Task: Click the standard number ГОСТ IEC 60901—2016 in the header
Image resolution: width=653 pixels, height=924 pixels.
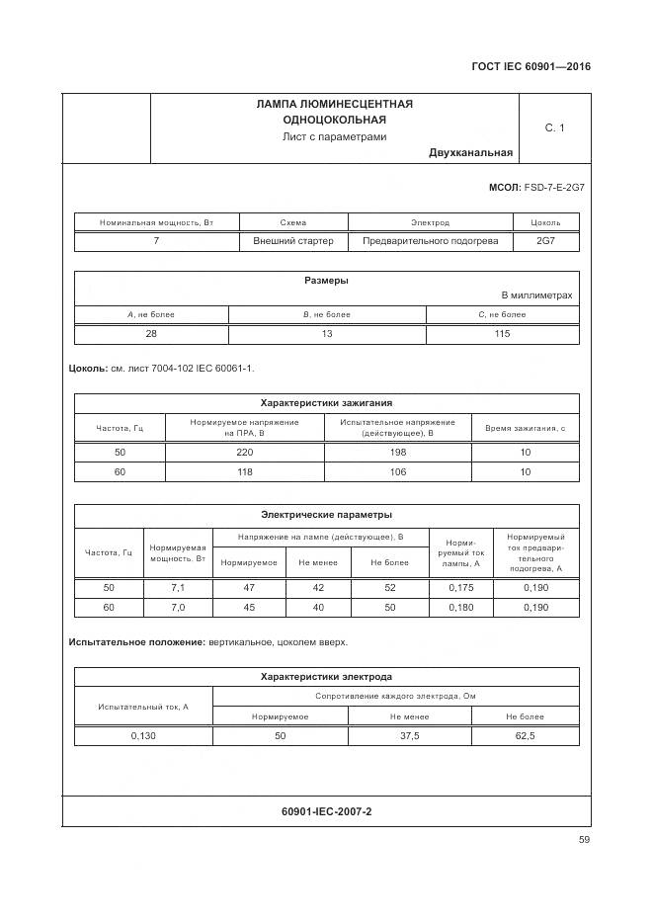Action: coord(530,67)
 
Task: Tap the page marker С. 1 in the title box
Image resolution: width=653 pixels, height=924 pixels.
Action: coord(554,127)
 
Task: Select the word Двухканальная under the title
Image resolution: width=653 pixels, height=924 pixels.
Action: coord(470,153)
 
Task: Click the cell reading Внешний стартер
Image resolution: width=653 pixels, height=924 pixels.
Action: coord(293,241)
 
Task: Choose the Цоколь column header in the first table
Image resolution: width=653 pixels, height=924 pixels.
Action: coord(545,223)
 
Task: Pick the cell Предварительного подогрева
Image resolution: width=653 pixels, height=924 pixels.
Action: coord(430,241)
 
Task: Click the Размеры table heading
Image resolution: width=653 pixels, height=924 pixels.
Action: coord(326,281)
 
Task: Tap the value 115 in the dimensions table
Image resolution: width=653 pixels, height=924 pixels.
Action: coord(502,334)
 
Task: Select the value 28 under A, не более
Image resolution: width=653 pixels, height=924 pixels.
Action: coord(151,334)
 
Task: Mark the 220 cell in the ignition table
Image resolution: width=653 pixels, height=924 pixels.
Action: coord(245,453)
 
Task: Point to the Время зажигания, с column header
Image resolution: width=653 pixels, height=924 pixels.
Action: coord(525,428)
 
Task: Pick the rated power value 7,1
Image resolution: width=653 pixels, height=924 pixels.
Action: coord(178,588)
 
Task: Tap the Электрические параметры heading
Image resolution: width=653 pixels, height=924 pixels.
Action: coord(326,515)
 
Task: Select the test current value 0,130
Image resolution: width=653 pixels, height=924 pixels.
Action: coord(143,736)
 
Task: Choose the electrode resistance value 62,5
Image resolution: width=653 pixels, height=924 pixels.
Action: coord(526,736)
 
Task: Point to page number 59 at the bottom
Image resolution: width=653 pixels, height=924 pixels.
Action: coord(585,841)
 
